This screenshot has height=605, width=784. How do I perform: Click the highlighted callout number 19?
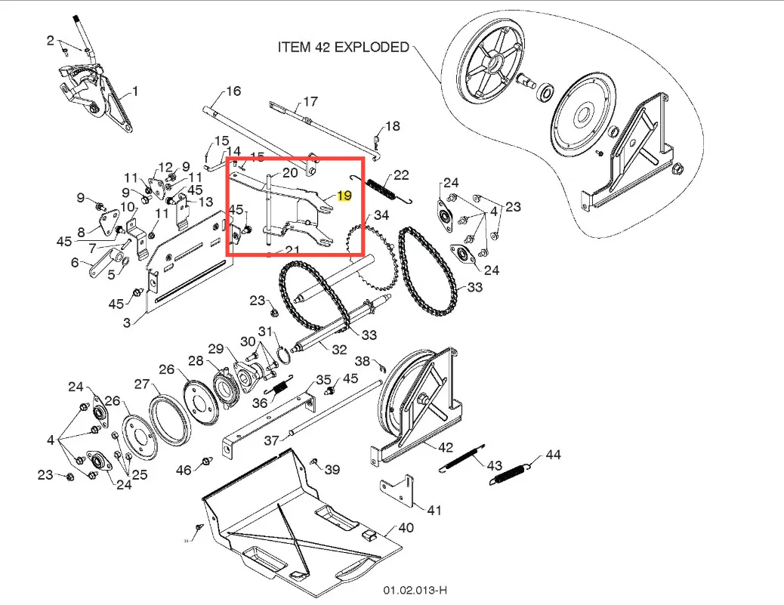pyautogui.click(x=344, y=196)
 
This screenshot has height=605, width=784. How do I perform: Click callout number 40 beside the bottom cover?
pyautogui.click(x=406, y=528)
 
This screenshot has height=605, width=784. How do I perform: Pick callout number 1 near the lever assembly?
pyautogui.click(x=135, y=91)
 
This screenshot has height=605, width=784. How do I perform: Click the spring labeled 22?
pyautogui.click(x=385, y=188)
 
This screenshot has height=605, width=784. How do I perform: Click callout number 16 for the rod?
pyautogui.click(x=233, y=91)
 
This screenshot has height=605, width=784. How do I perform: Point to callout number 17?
pyautogui.click(x=310, y=102)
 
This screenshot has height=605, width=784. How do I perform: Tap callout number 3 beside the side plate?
pyautogui.click(x=127, y=323)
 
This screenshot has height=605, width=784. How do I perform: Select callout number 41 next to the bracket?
pyautogui.click(x=434, y=510)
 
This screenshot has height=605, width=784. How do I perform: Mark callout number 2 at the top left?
pyautogui.click(x=51, y=40)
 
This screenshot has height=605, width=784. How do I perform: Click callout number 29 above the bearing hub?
pyautogui.click(x=216, y=348)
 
